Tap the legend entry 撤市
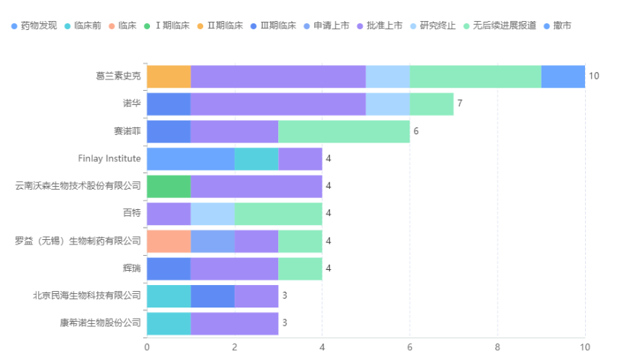[x=562, y=25]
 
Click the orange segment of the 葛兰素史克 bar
[x=169, y=76]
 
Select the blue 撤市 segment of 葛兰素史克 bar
[x=562, y=76]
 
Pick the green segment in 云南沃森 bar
[x=169, y=186]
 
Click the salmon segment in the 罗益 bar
[x=169, y=241]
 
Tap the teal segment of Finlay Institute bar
[x=256, y=159]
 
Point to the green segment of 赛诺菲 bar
[x=343, y=131]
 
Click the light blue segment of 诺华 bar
[x=387, y=104]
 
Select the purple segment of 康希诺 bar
[x=234, y=323]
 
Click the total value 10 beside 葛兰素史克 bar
[x=594, y=76]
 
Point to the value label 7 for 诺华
[x=460, y=104]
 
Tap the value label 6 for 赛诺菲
[x=415, y=131]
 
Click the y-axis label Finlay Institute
[x=109, y=159]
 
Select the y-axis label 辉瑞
[x=131, y=268]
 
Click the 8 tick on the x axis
[x=497, y=347]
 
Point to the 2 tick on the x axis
[x=235, y=347]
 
